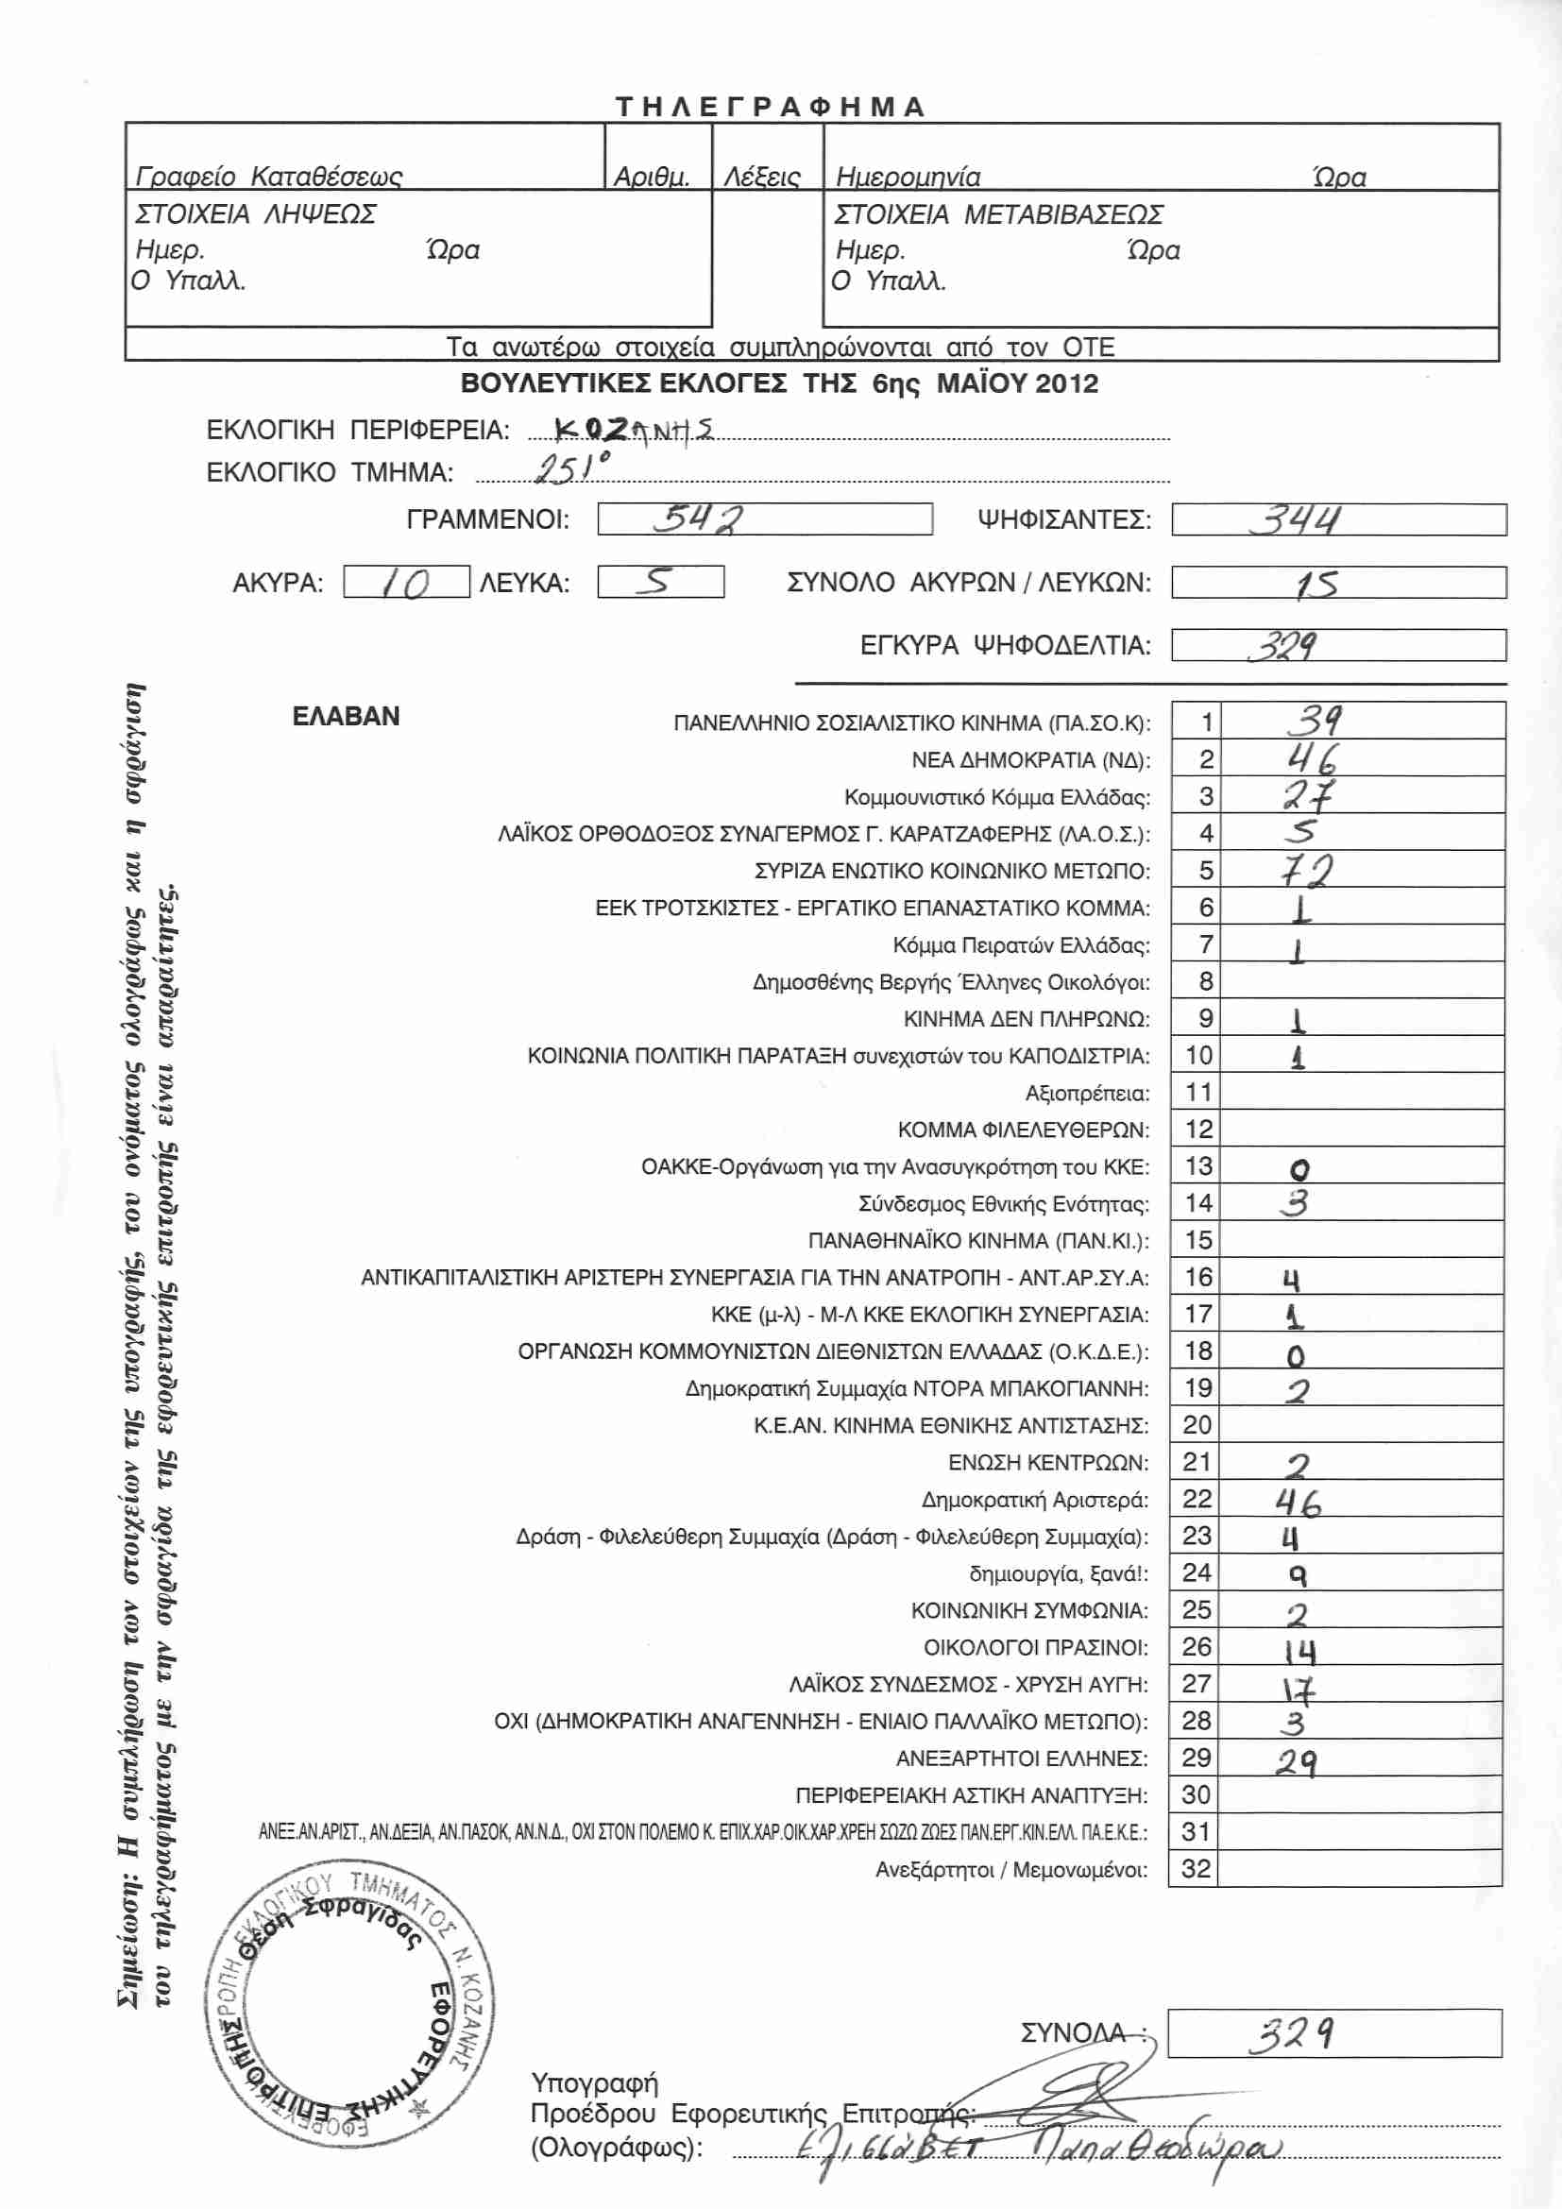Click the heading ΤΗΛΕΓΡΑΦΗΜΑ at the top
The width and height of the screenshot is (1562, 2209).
click(x=770, y=106)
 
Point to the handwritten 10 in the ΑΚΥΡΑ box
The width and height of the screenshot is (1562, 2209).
click(x=405, y=583)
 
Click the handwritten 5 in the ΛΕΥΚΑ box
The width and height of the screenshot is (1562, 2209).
click(x=659, y=581)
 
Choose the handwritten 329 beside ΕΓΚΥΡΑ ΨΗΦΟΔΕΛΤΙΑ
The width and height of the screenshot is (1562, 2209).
click(x=1284, y=646)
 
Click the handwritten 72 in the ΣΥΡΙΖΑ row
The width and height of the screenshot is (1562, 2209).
click(x=1305, y=871)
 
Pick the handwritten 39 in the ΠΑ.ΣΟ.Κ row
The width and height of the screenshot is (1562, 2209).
click(x=1314, y=720)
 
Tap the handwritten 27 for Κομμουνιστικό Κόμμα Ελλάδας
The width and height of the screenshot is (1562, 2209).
click(x=1308, y=795)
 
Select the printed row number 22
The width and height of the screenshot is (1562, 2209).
click(x=1197, y=1499)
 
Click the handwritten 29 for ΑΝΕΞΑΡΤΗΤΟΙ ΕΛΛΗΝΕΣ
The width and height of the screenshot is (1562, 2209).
click(x=1297, y=1762)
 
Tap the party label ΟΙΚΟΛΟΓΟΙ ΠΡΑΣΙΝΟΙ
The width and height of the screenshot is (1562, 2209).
click(x=1035, y=1648)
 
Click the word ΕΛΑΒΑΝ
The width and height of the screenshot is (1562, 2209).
click(x=346, y=717)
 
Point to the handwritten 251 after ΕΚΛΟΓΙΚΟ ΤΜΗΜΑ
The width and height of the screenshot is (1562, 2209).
click(x=570, y=468)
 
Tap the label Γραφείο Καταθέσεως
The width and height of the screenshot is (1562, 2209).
click(x=268, y=177)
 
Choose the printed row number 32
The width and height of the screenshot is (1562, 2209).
click(x=1196, y=1868)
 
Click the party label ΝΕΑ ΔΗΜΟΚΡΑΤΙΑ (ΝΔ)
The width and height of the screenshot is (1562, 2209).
click(x=1030, y=761)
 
